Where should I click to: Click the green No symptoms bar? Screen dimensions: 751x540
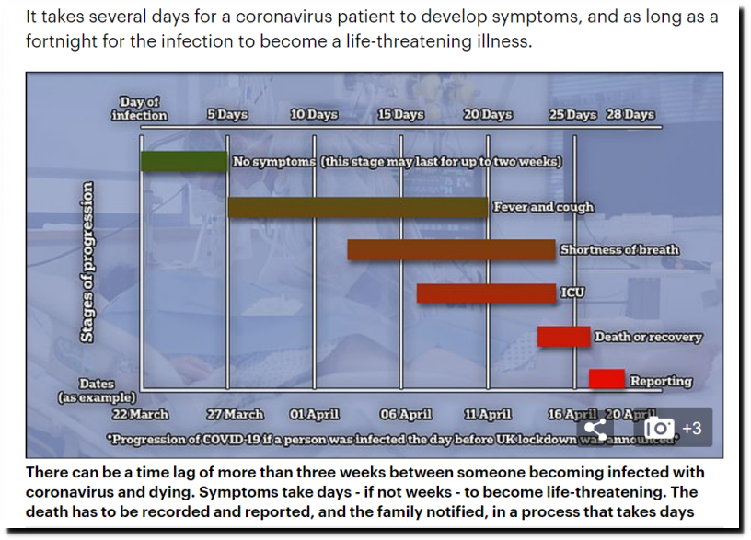pyautogui.click(x=184, y=161)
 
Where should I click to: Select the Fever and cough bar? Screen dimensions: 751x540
pyautogui.click(x=358, y=207)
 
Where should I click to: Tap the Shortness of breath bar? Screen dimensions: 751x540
pyautogui.click(x=451, y=250)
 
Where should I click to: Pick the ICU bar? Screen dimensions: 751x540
pyautogui.click(x=486, y=293)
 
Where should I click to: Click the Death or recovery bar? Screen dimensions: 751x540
pyautogui.click(x=564, y=337)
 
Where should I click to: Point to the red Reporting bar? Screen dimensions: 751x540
pyautogui.click(x=607, y=379)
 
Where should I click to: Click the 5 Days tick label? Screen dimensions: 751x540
pyautogui.click(x=227, y=114)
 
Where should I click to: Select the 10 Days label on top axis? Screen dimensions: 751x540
pyautogui.click(x=314, y=114)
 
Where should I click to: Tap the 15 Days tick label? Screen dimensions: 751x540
pyautogui.click(x=401, y=114)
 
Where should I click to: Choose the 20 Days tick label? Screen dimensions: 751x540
pyautogui.click(x=488, y=114)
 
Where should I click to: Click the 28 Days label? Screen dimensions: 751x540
pyautogui.click(x=630, y=114)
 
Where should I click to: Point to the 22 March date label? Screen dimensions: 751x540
pyautogui.click(x=140, y=414)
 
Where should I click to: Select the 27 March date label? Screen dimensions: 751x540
pyautogui.click(x=236, y=414)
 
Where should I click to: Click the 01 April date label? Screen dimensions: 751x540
pyautogui.click(x=314, y=414)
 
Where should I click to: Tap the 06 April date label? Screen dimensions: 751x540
pyautogui.click(x=406, y=414)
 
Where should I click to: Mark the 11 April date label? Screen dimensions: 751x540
pyautogui.click(x=488, y=414)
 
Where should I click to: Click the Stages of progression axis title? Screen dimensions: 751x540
pyautogui.click(x=87, y=262)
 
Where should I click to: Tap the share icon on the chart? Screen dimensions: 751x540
pyautogui.click(x=595, y=428)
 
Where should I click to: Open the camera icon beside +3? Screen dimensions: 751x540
pyautogui.click(x=659, y=428)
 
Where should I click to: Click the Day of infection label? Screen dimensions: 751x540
pyautogui.click(x=139, y=109)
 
